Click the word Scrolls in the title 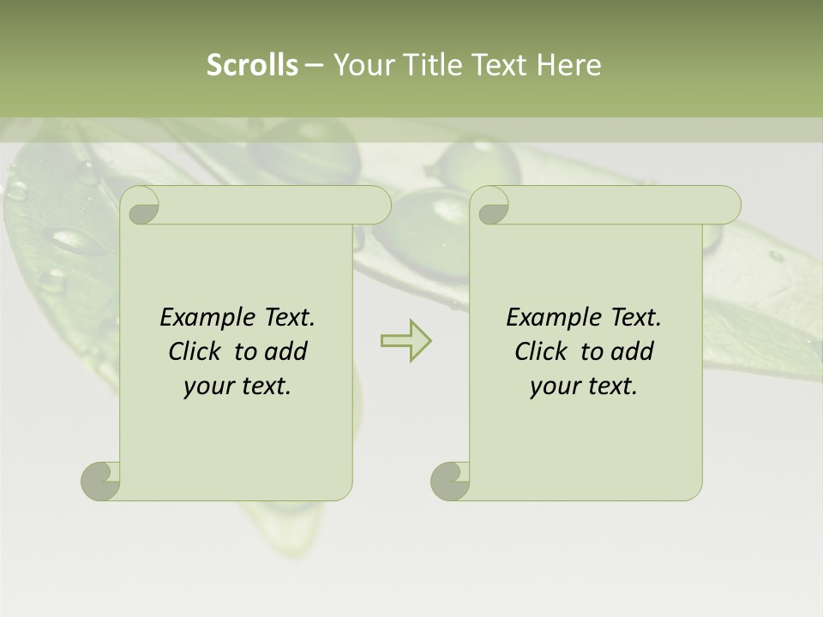[253, 65]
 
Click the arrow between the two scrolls [405, 340]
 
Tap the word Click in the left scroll [196, 351]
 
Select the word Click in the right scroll [543, 351]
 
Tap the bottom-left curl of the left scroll [101, 481]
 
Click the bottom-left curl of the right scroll [450, 481]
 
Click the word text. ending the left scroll [263, 386]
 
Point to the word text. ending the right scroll [610, 386]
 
